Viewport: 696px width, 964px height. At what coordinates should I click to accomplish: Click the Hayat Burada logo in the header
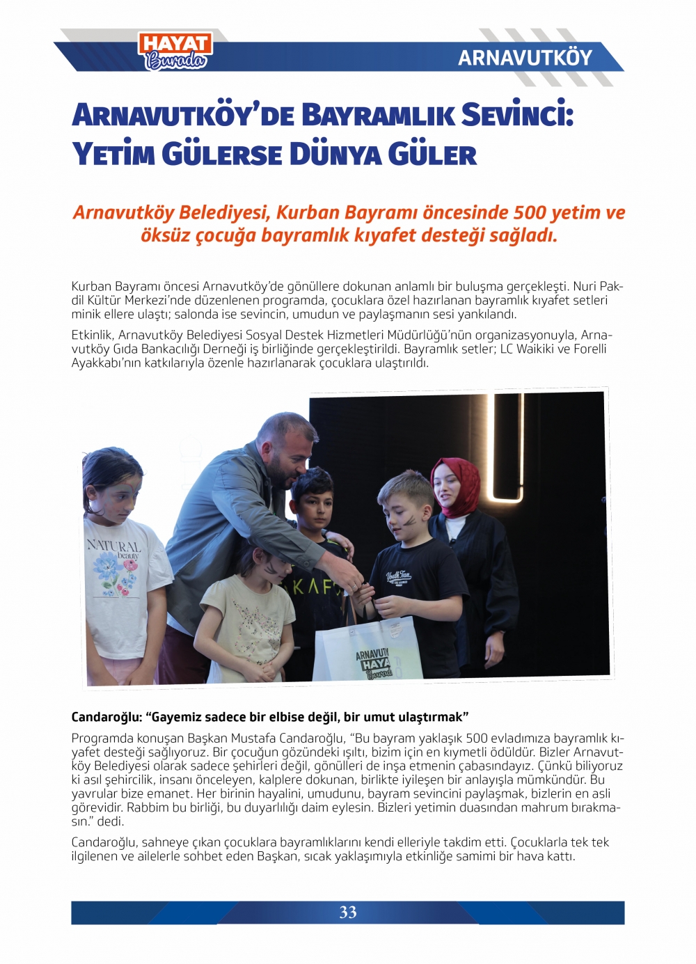[x=175, y=52]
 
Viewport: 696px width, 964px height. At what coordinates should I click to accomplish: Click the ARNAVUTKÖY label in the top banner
[x=525, y=58]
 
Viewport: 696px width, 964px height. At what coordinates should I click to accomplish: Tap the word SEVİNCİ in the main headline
[x=518, y=115]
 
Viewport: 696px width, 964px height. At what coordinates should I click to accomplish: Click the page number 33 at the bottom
[x=348, y=912]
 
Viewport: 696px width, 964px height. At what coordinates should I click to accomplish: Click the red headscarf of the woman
[x=458, y=486]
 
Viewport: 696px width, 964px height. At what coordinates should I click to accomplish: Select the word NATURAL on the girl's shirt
[x=113, y=546]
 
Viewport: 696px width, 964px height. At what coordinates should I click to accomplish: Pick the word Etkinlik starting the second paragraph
[x=92, y=335]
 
